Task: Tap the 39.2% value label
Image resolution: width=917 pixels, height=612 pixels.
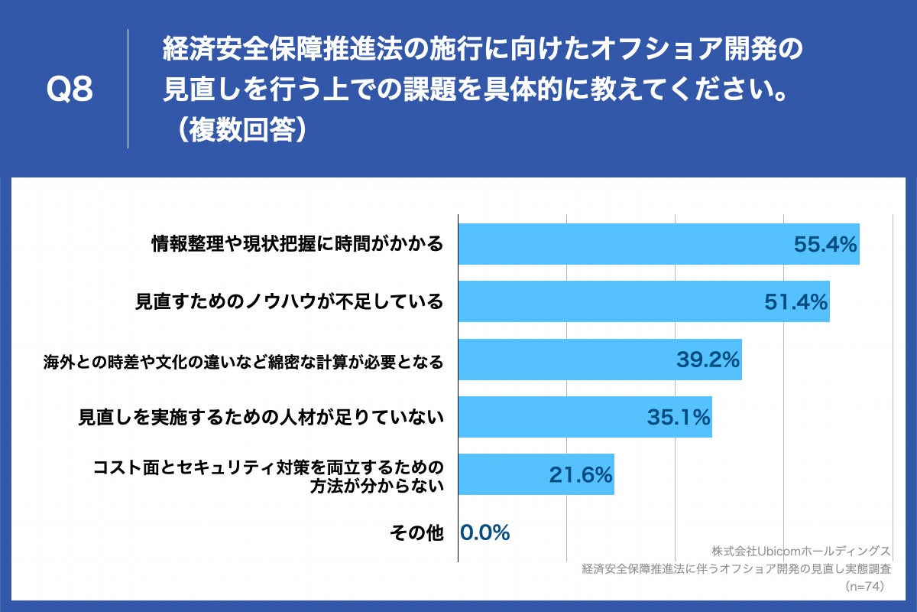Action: click(x=708, y=360)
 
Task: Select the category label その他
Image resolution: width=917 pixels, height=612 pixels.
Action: click(x=416, y=532)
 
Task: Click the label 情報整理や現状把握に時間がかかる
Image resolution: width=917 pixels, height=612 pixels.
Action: click(x=296, y=244)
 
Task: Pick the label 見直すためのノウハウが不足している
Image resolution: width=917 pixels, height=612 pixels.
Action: click(x=289, y=301)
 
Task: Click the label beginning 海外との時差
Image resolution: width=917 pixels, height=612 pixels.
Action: click(x=243, y=361)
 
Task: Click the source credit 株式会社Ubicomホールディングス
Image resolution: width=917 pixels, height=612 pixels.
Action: click(x=801, y=551)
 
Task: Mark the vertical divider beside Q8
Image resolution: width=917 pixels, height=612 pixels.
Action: click(x=128, y=89)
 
